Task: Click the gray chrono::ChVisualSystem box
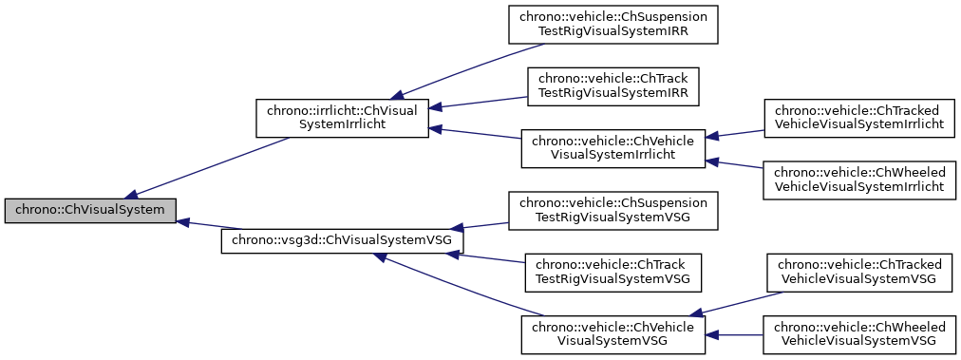pos(90,209)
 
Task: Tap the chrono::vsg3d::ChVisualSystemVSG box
pos(342,240)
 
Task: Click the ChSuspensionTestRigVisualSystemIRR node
pos(612,24)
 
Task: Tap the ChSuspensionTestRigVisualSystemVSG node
pos(612,210)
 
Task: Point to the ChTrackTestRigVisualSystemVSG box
pos(612,272)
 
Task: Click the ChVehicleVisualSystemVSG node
pos(612,333)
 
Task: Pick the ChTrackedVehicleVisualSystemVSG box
pos(858,272)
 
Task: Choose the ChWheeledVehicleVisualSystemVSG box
pos(858,333)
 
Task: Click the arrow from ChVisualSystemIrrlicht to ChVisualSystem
pos(209,167)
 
